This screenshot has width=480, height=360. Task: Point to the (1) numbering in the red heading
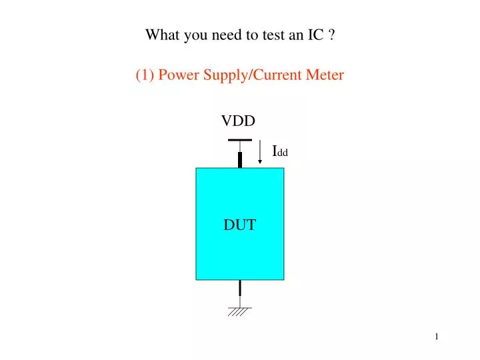145,75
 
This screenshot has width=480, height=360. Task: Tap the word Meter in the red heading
325,75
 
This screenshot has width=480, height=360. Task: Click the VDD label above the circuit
239,121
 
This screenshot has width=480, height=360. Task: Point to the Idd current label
280,151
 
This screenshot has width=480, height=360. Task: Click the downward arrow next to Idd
259,152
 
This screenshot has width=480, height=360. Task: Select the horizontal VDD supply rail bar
239,140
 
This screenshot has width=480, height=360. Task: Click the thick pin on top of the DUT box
239,159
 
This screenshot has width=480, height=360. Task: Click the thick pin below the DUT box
239,288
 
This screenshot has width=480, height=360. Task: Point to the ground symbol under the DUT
239,311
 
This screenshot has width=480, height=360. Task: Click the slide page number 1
437,337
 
